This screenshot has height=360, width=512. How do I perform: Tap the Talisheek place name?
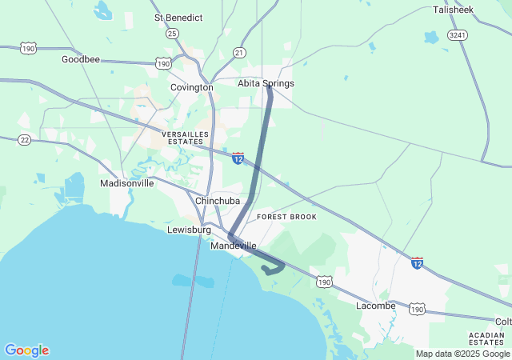[x=454, y=10]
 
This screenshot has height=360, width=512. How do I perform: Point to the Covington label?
[x=192, y=87]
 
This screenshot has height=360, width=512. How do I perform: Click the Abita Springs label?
[x=266, y=83]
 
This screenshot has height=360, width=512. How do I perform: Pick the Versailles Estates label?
[x=185, y=138]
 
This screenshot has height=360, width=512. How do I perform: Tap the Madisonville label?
[x=126, y=183]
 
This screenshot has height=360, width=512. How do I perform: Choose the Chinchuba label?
[x=218, y=200]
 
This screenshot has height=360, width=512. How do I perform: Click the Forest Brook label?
[x=286, y=217]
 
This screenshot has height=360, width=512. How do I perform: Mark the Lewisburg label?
[x=188, y=230]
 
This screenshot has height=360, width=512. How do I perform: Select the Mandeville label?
[x=234, y=246]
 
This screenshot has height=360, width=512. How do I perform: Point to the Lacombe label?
[x=376, y=306]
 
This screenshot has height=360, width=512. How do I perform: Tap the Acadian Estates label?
[x=486, y=338]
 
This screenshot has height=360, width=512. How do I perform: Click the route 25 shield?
[x=172, y=34]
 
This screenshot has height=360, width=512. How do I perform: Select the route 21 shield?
[x=239, y=53]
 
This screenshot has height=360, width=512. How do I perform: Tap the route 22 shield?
[x=25, y=139]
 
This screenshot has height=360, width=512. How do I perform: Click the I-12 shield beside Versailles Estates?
[x=238, y=158]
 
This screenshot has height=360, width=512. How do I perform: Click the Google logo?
[x=26, y=350]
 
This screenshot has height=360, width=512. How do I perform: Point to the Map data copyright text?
[x=462, y=354]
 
